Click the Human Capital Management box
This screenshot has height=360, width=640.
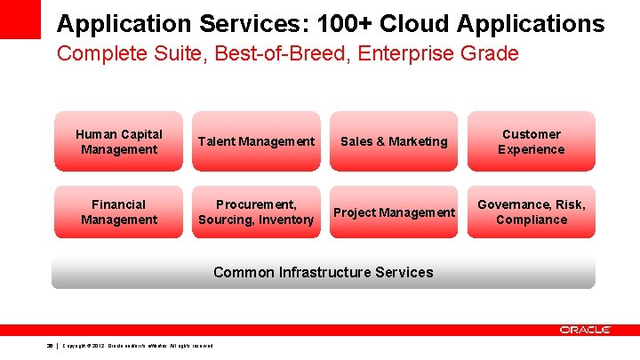coord(118,141)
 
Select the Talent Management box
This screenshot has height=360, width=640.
coord(256,141)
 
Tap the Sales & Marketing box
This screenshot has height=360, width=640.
coord(394,141)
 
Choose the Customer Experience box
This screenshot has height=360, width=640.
coord(531,141)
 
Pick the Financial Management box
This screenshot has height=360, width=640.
coord(118,212)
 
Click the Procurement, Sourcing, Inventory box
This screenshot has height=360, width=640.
coord(256,212)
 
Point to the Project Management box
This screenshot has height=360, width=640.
coord(394,212)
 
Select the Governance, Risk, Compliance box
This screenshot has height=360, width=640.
coord(531,212)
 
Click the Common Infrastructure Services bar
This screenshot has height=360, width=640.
coord(323,272)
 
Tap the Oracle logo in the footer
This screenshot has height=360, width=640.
coord(585,330)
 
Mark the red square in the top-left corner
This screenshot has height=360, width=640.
coord(20,18)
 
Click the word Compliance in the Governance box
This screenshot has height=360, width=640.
coord(532,220)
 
